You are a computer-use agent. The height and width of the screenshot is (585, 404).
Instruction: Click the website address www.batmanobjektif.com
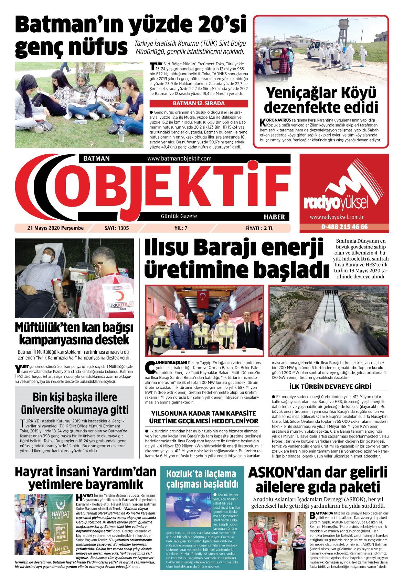point(179,158)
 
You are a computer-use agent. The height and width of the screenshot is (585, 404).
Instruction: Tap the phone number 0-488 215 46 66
point(344,227)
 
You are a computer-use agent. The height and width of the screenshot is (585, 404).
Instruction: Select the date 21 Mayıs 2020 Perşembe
point(55,228)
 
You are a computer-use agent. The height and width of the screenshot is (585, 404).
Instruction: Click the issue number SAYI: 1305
point(114,228)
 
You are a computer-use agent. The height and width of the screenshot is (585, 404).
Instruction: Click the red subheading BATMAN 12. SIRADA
point(199,103)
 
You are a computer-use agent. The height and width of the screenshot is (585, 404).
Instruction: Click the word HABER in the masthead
point(274,217)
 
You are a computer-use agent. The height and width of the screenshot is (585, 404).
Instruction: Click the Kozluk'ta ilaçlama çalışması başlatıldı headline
point(202,479)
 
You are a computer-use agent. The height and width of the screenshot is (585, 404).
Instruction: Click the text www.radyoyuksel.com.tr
point(337,217)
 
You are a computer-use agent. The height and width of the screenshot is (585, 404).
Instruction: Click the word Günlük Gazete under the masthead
point(179,216)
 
